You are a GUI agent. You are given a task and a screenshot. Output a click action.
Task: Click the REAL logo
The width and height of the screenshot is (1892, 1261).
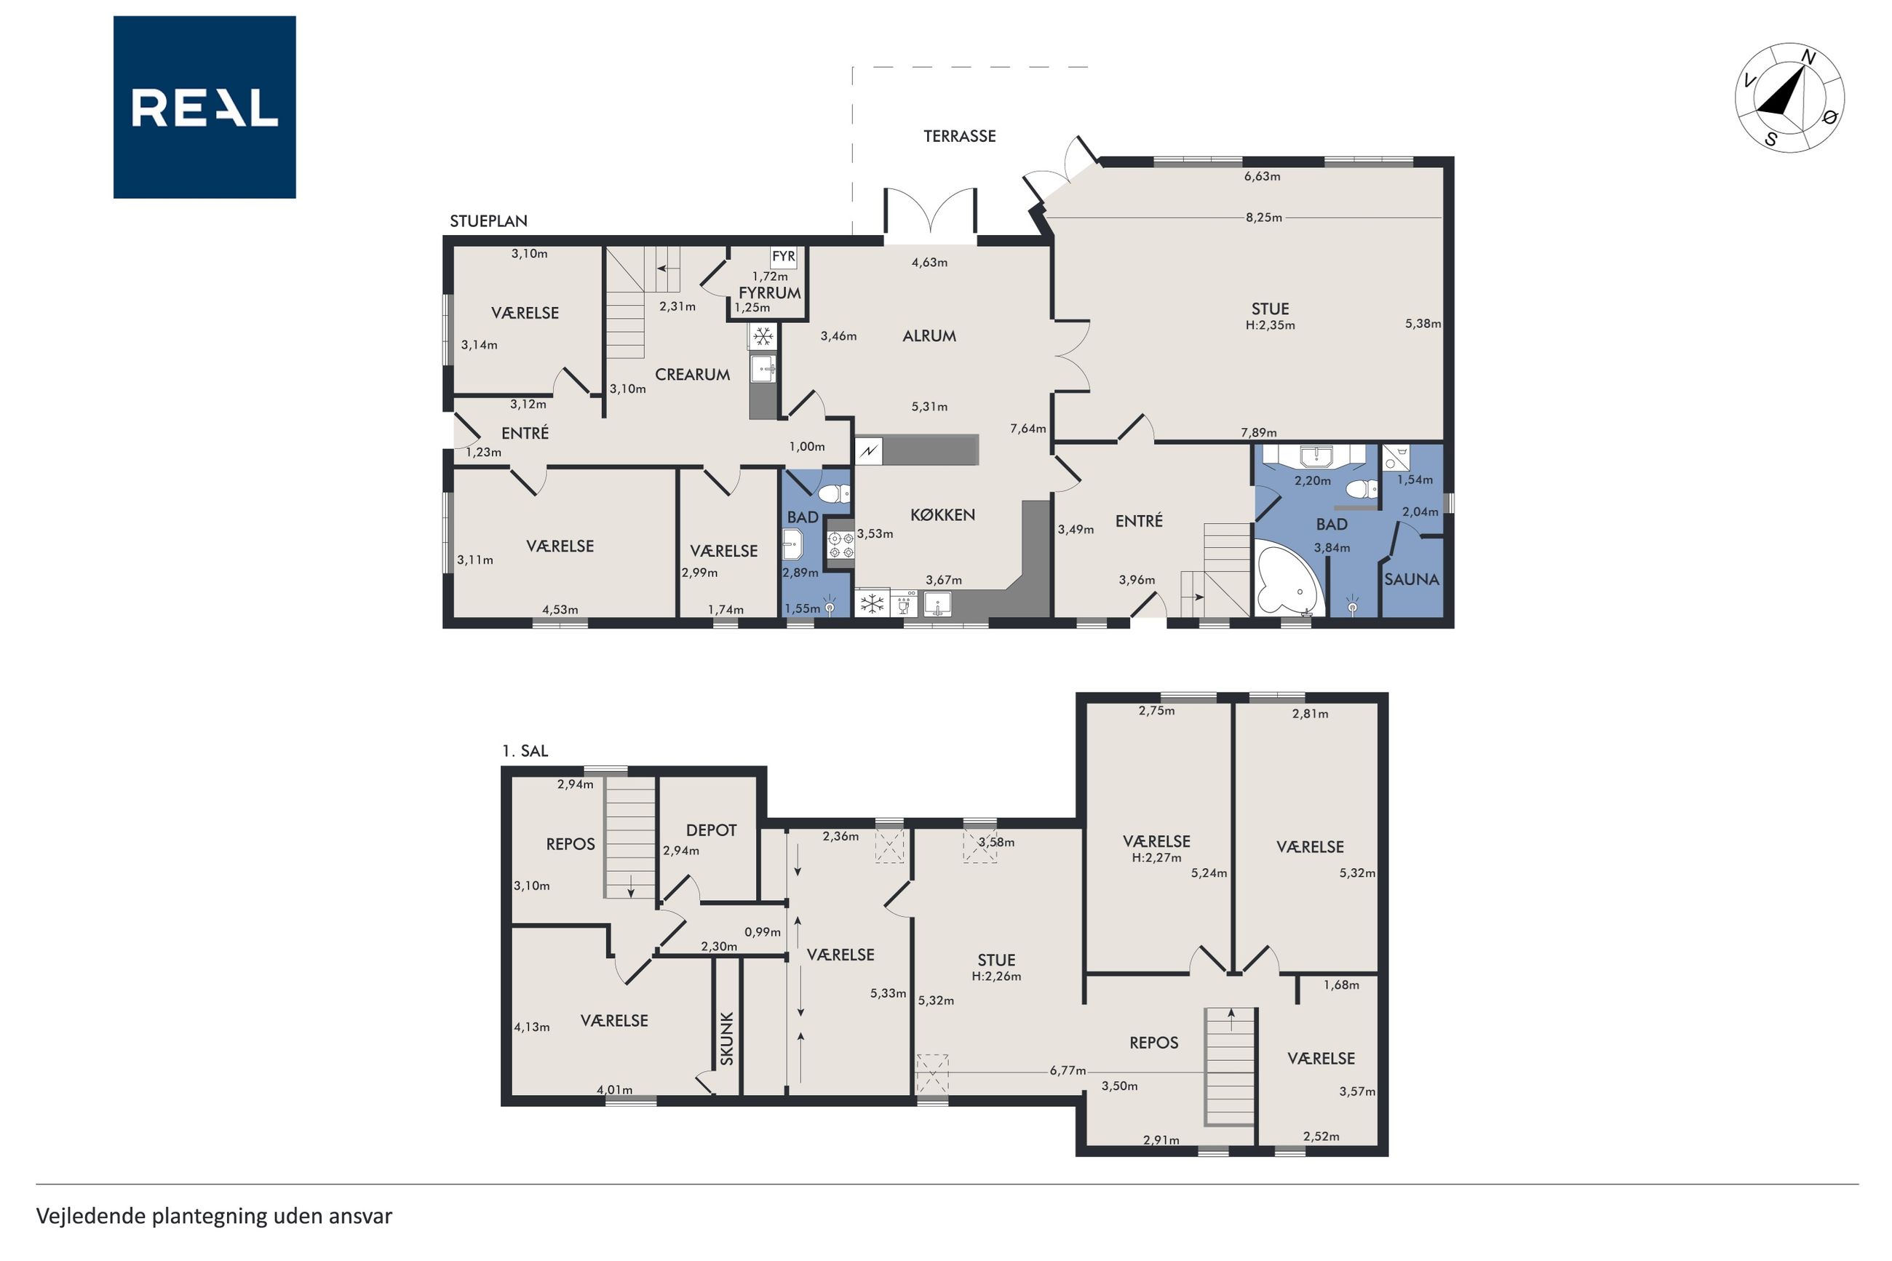click(204, 107)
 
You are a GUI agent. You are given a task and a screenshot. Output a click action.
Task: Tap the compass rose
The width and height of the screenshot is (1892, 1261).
click(1789, 98)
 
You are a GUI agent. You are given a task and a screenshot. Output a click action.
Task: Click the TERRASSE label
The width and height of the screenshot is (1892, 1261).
click(959, 136)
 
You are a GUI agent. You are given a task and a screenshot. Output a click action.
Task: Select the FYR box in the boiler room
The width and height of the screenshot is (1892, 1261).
click(783, 257)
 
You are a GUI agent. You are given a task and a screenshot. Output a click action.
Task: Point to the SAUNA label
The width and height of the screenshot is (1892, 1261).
click(1411, 579)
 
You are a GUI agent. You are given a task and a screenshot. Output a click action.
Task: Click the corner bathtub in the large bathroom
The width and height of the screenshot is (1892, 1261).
click(1288, 578)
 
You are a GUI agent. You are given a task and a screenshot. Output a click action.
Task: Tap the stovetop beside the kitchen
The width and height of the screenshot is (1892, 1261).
click(840, 544)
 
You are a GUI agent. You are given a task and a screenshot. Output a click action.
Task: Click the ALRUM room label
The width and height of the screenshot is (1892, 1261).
click(929, 336)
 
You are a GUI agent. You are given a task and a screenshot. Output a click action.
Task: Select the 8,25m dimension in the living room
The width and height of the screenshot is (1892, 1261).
click(1263, 217)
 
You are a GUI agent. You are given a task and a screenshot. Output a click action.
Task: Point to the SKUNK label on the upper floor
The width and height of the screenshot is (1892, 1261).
click(727, 1038)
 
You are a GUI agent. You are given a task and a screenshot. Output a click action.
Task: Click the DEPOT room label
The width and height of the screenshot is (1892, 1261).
click(711, 830)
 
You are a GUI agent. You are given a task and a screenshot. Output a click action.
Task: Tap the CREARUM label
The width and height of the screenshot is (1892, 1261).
click(692, 375)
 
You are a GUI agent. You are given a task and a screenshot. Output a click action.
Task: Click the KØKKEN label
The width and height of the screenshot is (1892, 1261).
click(942, 514)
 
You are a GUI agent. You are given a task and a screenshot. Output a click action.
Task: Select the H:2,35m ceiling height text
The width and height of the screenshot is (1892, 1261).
click(1271, 326)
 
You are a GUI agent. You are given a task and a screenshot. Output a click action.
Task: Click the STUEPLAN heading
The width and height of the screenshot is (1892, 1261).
click(488, 221)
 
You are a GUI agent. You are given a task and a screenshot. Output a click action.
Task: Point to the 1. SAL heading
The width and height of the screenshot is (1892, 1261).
click(525, 751)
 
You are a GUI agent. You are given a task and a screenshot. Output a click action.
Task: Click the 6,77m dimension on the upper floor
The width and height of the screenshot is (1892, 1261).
click(1068, 1070)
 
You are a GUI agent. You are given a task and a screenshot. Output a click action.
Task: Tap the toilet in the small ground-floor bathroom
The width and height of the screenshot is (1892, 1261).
click(833, 493)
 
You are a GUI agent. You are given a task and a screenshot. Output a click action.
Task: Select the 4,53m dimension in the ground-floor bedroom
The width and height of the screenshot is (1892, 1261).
click(560, 610)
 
